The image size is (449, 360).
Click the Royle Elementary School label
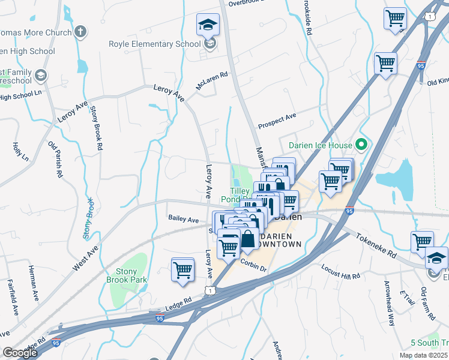click(x=154, y=43)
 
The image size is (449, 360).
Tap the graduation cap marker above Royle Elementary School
click(x=208, y=25)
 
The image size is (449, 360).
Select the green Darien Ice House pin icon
click(x=361, y=144)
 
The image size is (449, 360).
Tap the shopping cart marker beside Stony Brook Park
click(x=182, y=269)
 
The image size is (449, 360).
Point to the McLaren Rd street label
click(x=212, y=81)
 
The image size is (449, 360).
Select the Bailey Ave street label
click(x=183, y=220)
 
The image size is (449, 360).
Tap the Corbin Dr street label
click(x=253, y=264)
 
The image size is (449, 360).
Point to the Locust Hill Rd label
click(x=340, y=272)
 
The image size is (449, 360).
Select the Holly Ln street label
click(x=16, y=151)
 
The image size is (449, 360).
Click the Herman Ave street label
click(x=32, y=283)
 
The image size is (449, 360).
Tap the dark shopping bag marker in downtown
click(x=248, y=239)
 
